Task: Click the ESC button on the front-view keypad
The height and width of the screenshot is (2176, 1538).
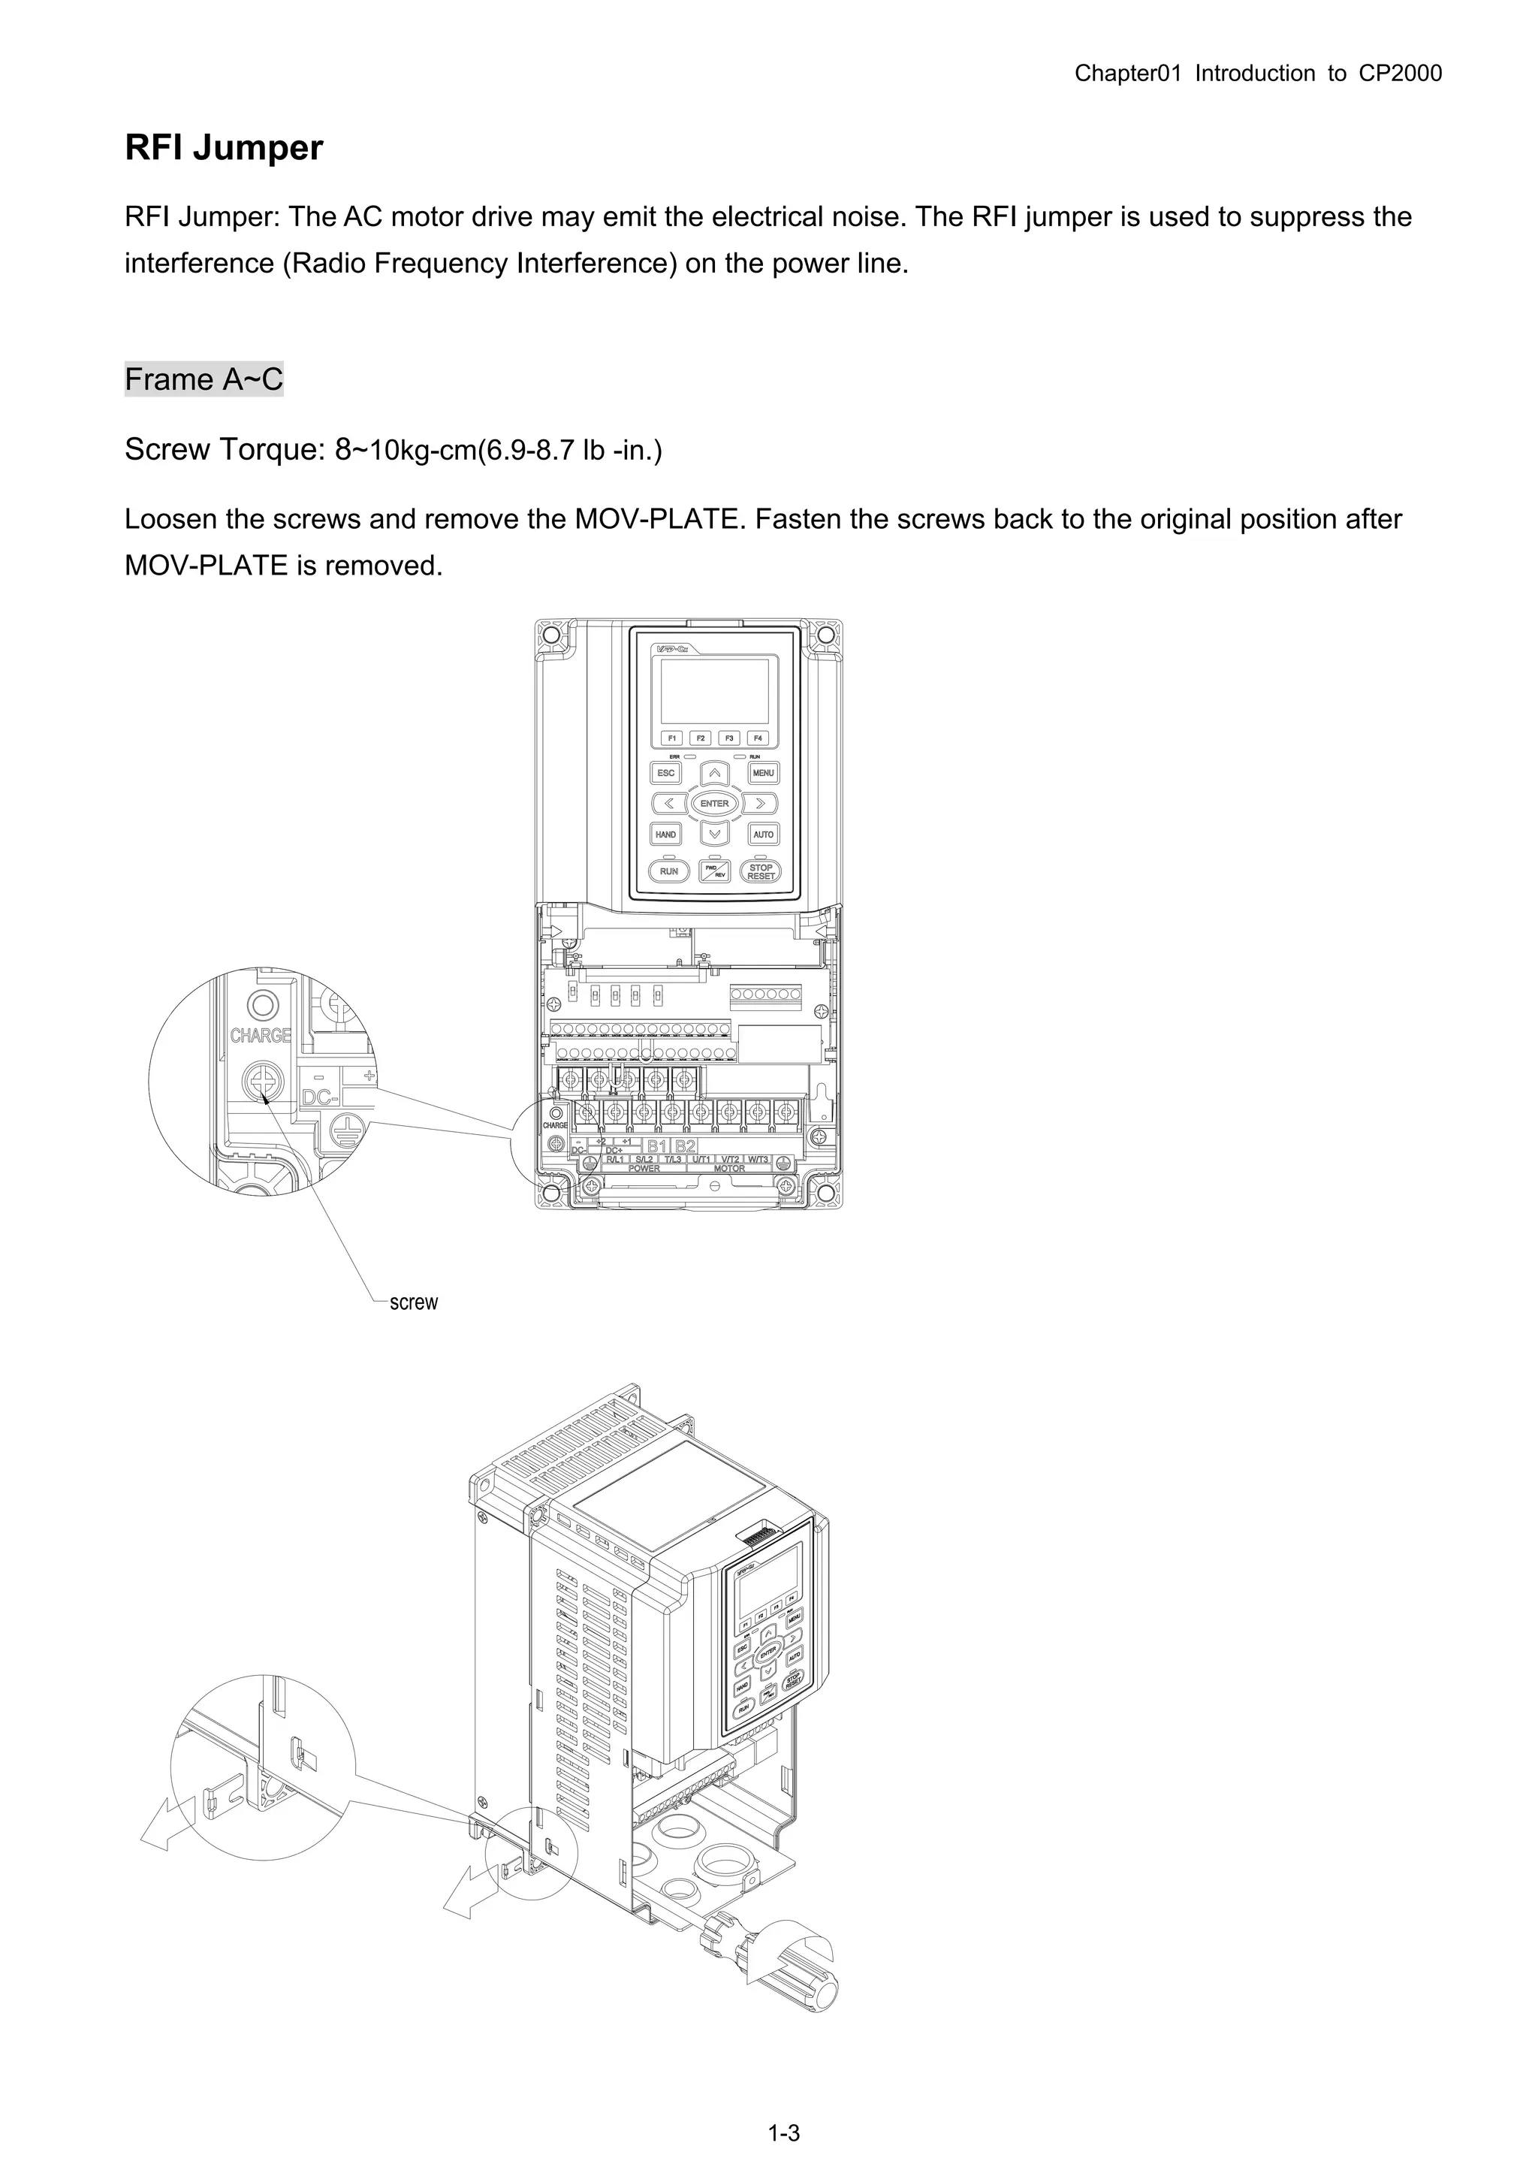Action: [666, 772]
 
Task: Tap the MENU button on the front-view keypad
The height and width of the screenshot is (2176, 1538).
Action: [764, 772]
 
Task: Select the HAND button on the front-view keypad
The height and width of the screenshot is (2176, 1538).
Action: [666, 834]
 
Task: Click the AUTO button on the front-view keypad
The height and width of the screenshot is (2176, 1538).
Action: [764, 834]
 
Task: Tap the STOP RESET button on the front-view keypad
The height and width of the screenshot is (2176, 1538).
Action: [761, 871]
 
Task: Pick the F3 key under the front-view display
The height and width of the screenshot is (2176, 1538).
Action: [728, 738]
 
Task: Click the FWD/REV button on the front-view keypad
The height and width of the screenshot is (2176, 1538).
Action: [714, 871]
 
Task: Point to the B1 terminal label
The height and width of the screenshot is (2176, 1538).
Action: [656, 1145]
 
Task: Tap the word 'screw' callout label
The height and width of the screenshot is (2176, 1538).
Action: [414, 1302]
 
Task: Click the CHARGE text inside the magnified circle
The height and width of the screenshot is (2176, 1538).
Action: [261, 1035]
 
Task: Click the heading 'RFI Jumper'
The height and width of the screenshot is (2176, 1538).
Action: [224, 148]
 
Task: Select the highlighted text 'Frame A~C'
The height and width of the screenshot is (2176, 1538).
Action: [204, 379]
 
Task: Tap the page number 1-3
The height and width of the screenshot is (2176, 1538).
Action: [784, 2133]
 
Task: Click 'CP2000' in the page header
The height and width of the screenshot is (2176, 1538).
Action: [1401, 73]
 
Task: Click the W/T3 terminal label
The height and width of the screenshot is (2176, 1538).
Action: [758, 1159]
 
